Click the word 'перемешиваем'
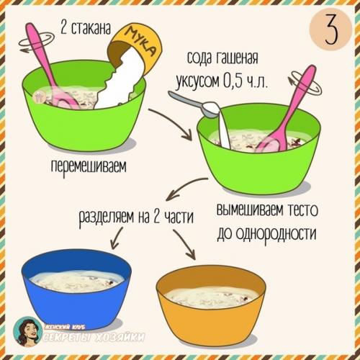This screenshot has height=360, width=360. click(x=88, y=167)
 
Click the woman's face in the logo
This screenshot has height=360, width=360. click(x=29, y=333)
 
